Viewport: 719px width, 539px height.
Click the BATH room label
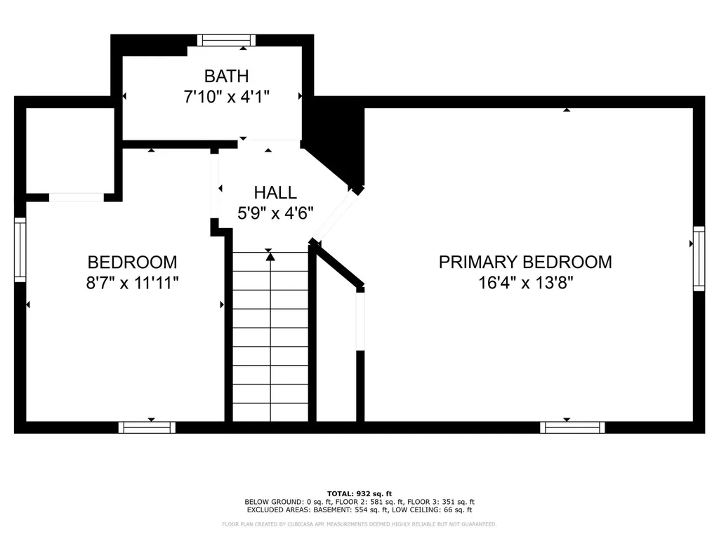coord(227,76)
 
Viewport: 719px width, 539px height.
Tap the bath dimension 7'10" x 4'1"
coord(227,97)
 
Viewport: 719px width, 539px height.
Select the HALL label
coord(275,192)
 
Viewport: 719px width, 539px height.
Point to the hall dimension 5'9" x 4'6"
coord(275,213)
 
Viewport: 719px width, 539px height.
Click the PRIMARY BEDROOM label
coord(525,262)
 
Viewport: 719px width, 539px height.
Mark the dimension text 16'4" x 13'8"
coord(525,283)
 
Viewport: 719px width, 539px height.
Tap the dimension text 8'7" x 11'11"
coord(132,283)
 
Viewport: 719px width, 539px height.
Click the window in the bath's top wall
coord(227,40)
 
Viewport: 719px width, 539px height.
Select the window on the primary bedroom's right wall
coord(699,258)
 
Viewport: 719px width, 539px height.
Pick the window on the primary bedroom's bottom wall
coord(572,427)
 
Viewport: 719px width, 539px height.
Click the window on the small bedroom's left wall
coord(20,250)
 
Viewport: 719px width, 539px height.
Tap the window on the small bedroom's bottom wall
coord(147,427)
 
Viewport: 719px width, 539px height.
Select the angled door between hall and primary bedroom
coord(336,216)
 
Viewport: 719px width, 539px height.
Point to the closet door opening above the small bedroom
coord(77,197)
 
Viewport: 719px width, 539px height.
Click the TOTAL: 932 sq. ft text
coord(359,493)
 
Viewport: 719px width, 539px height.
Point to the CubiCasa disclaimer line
coord(359,524)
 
